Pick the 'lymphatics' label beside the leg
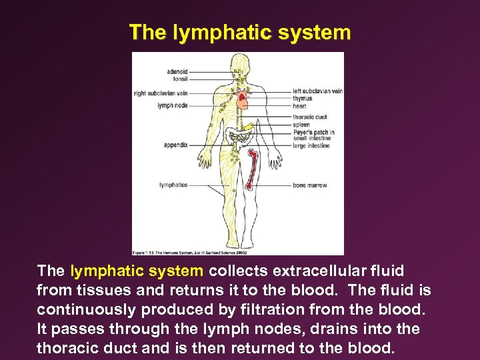[174, 185]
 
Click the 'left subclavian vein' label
[317, 91]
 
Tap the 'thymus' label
[302, 98]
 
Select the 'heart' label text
[299, 105]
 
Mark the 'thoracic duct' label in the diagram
[309, 117]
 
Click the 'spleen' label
[301, 125]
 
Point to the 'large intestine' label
[311, 145]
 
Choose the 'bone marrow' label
[309, 185]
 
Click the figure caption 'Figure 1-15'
[148, 251]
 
